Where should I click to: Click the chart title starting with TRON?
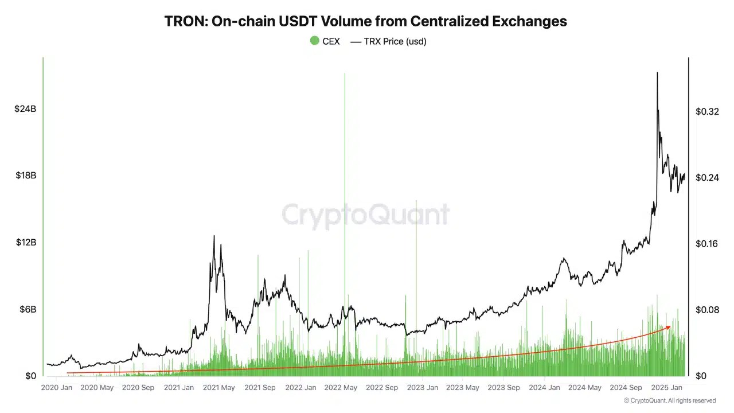(365, 21)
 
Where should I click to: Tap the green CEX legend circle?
(314, 41)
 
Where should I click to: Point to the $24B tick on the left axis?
(25, 108)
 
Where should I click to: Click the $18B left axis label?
(25, 176)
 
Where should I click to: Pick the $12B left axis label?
(25, 243)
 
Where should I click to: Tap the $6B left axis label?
(28, 309)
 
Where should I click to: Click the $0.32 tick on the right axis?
(707, 111)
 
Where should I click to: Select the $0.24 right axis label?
(707, 178)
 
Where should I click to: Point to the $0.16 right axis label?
(707, 244)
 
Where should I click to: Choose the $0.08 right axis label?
(707, 310)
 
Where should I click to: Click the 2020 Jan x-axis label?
(57, 388)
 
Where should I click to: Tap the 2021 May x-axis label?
(219, 388)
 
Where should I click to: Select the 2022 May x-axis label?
(341, 388)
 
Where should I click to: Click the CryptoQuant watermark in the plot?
(365, 215)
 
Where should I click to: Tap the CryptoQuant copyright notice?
(670, 400)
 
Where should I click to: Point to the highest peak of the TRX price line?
(657, 73)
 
